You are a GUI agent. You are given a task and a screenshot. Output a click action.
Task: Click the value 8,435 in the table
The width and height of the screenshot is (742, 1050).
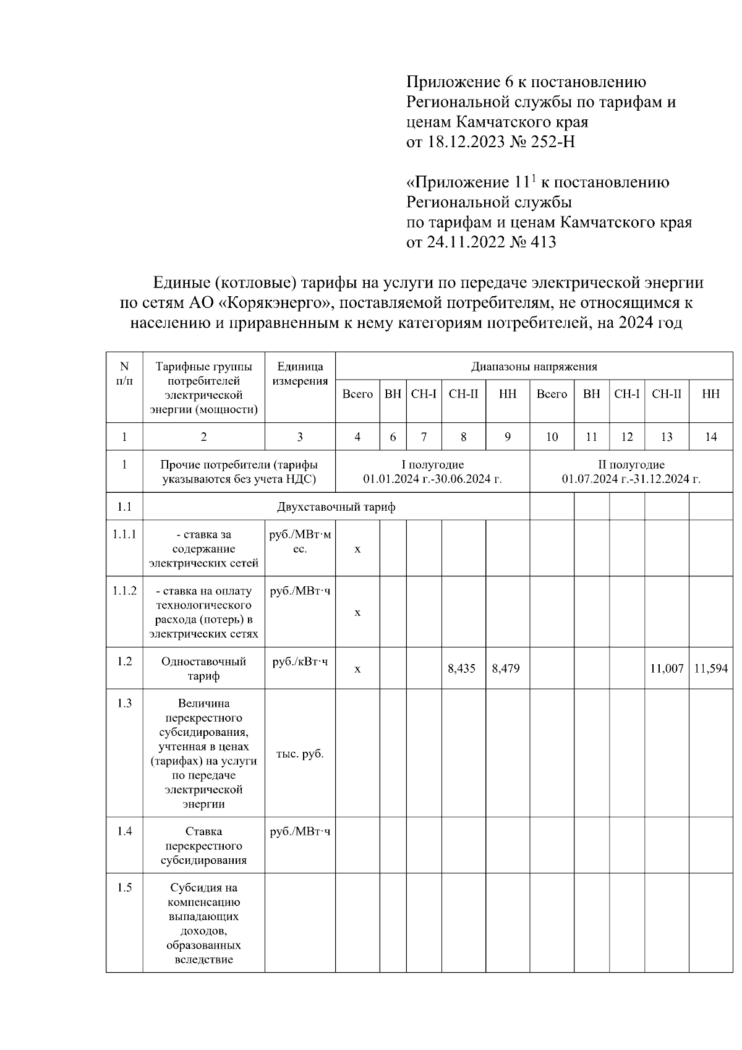462,668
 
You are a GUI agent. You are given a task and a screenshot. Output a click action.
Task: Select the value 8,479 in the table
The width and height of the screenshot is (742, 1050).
506,668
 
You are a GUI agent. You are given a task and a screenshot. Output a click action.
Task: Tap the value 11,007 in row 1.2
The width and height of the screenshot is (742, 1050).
667,668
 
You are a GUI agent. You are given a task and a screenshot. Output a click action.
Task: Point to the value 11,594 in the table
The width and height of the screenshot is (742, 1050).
711,668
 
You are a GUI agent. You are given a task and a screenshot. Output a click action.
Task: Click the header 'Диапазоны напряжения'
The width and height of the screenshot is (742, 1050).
534,367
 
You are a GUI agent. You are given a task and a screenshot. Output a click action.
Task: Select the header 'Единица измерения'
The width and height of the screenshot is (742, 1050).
300,373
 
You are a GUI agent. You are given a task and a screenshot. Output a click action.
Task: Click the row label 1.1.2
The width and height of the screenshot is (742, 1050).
124,591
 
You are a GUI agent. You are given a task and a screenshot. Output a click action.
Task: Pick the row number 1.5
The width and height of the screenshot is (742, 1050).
124,887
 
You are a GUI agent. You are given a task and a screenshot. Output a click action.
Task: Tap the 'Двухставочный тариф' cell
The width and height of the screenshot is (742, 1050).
336,507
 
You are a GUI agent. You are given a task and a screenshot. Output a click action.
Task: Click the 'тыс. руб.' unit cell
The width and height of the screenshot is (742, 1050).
300,754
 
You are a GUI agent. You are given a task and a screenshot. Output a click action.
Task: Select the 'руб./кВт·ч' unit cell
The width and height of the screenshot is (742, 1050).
300,662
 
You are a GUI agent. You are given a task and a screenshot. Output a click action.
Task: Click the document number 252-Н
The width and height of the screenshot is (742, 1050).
553,142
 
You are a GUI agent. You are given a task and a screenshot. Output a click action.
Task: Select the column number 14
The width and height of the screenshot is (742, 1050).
711,437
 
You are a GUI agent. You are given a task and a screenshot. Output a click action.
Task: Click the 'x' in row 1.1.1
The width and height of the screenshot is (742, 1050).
357,549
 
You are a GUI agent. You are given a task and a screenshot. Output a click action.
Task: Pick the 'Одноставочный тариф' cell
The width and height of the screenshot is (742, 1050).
203,668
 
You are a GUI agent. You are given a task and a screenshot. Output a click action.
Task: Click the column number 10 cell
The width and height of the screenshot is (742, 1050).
552,437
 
